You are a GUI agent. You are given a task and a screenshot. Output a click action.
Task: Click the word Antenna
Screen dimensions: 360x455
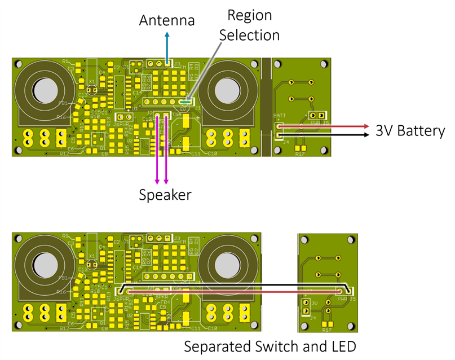point(167,21)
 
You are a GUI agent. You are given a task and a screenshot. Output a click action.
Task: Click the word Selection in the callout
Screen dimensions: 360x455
point(249,35)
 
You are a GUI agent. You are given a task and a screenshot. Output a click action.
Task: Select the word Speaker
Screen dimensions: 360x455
point(165,195)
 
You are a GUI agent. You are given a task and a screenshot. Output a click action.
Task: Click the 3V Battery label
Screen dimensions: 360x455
point(410,131)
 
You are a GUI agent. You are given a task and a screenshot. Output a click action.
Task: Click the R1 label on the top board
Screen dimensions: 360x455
point(65,61)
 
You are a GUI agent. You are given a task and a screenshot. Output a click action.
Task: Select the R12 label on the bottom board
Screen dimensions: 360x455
point(65,328)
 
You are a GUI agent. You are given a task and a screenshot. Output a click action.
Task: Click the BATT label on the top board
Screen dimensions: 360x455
point(279,116)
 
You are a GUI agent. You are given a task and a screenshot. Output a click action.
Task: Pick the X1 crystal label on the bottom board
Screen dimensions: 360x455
point(91,256)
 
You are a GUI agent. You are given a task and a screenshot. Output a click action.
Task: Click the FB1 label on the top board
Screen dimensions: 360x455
point(63,104)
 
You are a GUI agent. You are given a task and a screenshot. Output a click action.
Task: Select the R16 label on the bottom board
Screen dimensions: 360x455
point(61,292)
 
